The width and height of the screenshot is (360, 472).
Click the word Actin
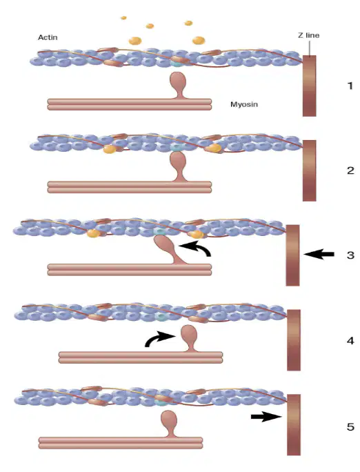tap(48, 37)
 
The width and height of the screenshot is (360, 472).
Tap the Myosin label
tap(244, 104)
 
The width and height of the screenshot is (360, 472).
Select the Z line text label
tap(308, 35)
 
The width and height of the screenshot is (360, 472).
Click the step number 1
tap(350, 86)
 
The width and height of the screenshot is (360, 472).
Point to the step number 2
tap(350, 170)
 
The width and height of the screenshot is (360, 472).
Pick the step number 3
tap(350, 255)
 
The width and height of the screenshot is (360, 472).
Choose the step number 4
tap(350, 341)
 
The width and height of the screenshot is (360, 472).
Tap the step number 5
tap(350, 426)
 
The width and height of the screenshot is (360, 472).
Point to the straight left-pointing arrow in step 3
tap(319, 255)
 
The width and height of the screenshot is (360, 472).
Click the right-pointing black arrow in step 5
tap(266, 417)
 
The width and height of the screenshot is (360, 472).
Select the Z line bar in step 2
tap(309, 170)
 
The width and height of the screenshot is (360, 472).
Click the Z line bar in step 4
tap(294, 340)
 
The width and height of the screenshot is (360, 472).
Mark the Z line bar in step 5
tap(294, 425)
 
